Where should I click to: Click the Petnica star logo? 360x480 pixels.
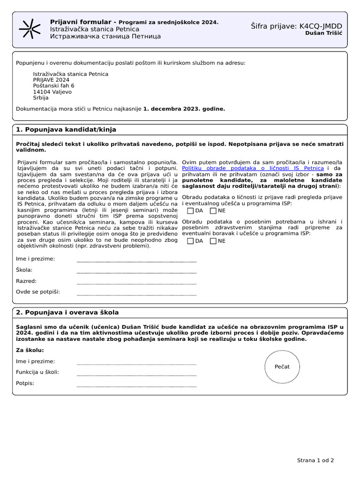(29, 29)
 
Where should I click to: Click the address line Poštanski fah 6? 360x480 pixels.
(53, 86)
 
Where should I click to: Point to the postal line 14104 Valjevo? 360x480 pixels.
(52, 92)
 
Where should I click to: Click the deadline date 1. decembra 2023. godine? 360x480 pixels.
(184, 108)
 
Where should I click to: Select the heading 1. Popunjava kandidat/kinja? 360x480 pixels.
(66, 129)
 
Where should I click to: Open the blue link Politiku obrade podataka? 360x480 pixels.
(253, 168)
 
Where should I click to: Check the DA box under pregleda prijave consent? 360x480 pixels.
(190, 211)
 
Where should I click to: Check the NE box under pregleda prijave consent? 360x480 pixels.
(213, 211)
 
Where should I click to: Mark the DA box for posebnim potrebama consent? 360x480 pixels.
(190, 241)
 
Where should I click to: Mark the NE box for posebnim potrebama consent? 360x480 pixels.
(213, 241)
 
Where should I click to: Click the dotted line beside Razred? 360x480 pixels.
(136, 283)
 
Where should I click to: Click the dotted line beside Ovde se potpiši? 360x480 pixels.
(136, 294)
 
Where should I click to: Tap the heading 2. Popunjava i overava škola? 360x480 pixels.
(67, 312)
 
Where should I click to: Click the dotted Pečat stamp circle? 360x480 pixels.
(282, 367)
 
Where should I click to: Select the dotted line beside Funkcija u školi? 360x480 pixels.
(136, 375)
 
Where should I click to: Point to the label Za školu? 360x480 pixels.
(30, 350)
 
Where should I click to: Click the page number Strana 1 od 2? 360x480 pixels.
(315, 460)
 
